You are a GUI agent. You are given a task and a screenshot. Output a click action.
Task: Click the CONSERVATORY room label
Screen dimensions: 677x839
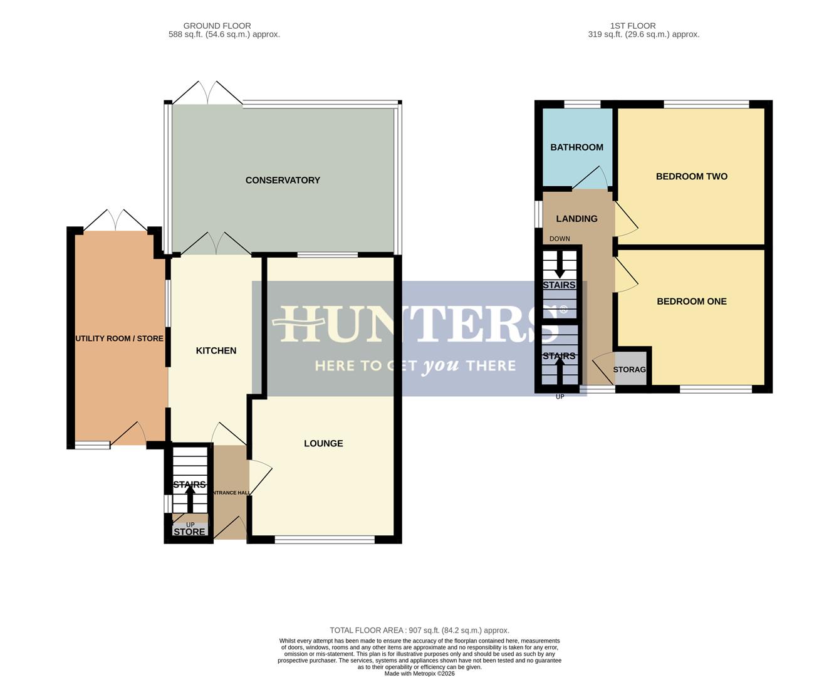283,181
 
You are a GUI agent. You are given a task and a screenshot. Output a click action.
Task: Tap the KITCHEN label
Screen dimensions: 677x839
216,351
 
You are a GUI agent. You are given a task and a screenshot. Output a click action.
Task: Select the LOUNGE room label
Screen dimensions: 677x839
323,444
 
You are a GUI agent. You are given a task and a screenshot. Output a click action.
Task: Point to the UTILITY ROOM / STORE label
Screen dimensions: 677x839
119,338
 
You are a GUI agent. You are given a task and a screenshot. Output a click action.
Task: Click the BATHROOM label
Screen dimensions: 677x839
576,147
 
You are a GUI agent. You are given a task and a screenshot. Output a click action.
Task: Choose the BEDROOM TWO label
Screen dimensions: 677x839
691,177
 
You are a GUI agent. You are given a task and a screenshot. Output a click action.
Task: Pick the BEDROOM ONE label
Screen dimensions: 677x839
691,302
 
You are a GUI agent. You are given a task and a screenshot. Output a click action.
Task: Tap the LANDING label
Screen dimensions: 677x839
576,219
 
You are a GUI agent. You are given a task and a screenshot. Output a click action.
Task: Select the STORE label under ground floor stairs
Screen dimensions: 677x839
189,532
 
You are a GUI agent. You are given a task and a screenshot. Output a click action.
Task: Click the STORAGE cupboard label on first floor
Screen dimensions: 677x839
629,370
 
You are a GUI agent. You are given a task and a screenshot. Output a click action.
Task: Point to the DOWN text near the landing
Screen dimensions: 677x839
560,239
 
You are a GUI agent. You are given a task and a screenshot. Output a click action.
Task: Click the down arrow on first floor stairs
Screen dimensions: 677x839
559,266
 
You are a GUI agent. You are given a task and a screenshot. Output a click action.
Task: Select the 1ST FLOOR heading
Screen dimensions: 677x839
633,26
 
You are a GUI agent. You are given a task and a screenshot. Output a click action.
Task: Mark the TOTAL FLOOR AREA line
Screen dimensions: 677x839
419,631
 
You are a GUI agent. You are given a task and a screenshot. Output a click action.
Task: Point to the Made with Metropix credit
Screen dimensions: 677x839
419,674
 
